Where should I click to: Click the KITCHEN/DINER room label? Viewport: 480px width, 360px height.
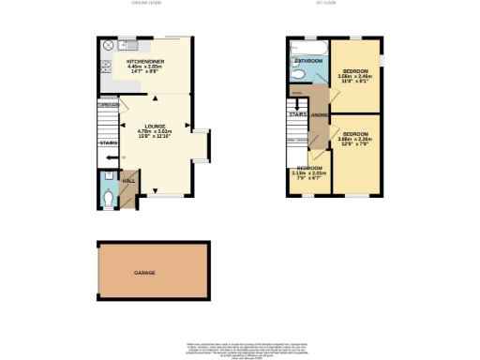(145, 62)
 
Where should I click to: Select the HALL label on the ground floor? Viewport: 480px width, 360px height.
(129, 179)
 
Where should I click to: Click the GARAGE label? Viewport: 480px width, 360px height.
(143, 273)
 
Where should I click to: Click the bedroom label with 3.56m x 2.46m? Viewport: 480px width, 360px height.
(355, 71)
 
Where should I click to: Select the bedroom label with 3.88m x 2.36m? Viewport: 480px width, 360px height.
(355, 133)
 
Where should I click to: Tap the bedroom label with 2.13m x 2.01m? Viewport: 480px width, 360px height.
(308, 168)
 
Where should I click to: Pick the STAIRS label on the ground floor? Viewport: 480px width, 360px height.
(107, 143)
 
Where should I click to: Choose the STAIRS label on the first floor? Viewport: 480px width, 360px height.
(297, 115)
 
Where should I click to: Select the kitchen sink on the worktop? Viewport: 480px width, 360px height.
(131, 45)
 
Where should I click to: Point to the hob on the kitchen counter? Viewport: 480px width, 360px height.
(104, 67)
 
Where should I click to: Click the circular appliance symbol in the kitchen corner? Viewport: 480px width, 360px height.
(108, 45)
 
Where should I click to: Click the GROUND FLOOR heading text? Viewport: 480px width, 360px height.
(145, 3)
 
